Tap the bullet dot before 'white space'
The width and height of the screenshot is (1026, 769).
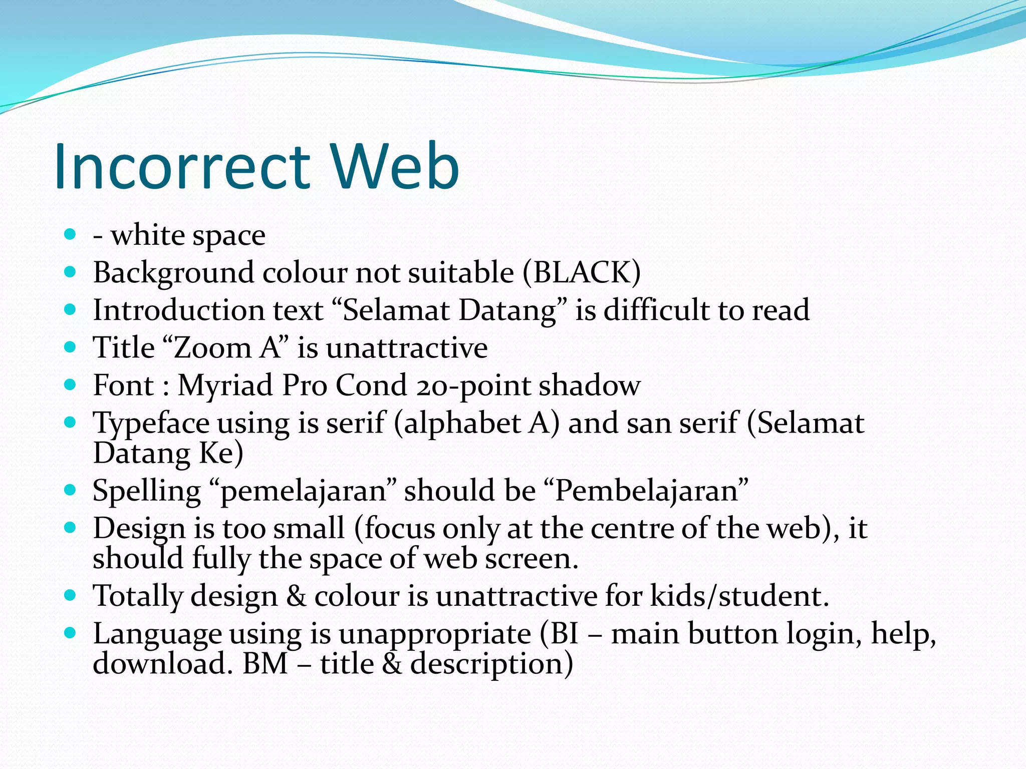(x=70, y=234)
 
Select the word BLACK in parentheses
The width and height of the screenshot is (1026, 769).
(x=582, y=273)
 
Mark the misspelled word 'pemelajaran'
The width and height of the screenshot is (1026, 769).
(x=303, y=491)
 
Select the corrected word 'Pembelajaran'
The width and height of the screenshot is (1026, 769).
(x=647, y=491)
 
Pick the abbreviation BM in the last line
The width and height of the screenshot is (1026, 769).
(x=265, y=664)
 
